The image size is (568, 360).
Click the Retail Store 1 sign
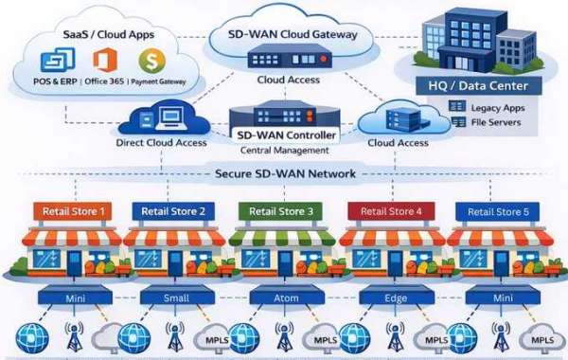click(73, 211)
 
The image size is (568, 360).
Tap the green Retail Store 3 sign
click(280, 211)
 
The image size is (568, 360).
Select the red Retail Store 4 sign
click(391, 211)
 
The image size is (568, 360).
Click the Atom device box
click(287, 296)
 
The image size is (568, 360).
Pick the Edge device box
click(397, 296)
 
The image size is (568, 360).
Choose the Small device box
click(177, 296)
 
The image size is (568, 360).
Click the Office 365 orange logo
click(105, 60)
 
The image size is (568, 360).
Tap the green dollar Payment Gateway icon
click(152, 61)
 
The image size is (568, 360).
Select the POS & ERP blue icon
click(58, 60)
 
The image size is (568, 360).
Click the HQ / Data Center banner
click(478, 86)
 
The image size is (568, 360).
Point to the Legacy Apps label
click(498, 108)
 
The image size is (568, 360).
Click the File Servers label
click(496, 122)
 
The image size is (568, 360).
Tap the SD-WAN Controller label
click(286, 135)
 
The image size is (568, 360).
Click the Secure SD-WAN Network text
click(285, 173)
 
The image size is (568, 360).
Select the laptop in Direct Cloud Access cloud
click(171, 119)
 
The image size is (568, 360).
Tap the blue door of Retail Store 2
click(176, 262)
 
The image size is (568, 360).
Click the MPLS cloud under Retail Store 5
click(541, 338)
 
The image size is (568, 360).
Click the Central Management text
click(285, 150)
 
